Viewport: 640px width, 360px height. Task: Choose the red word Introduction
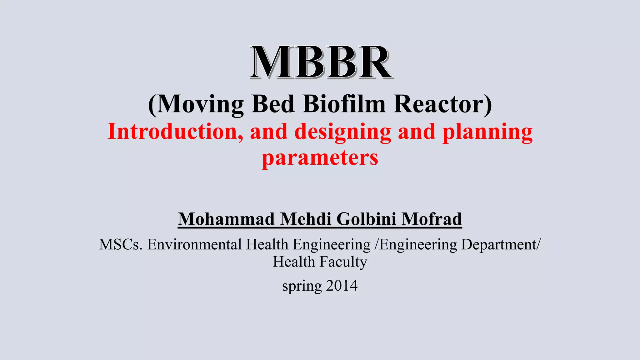tap(175, 132)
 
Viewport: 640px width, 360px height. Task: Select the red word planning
tap(488, 132)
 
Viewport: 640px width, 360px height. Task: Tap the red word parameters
tap(320, 158)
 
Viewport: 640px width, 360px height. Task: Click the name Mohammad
tap(226, 219)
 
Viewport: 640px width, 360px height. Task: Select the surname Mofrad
tap(432, 219)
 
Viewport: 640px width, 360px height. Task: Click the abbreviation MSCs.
tap(121, 244)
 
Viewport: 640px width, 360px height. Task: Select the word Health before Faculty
tap(294, 262)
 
